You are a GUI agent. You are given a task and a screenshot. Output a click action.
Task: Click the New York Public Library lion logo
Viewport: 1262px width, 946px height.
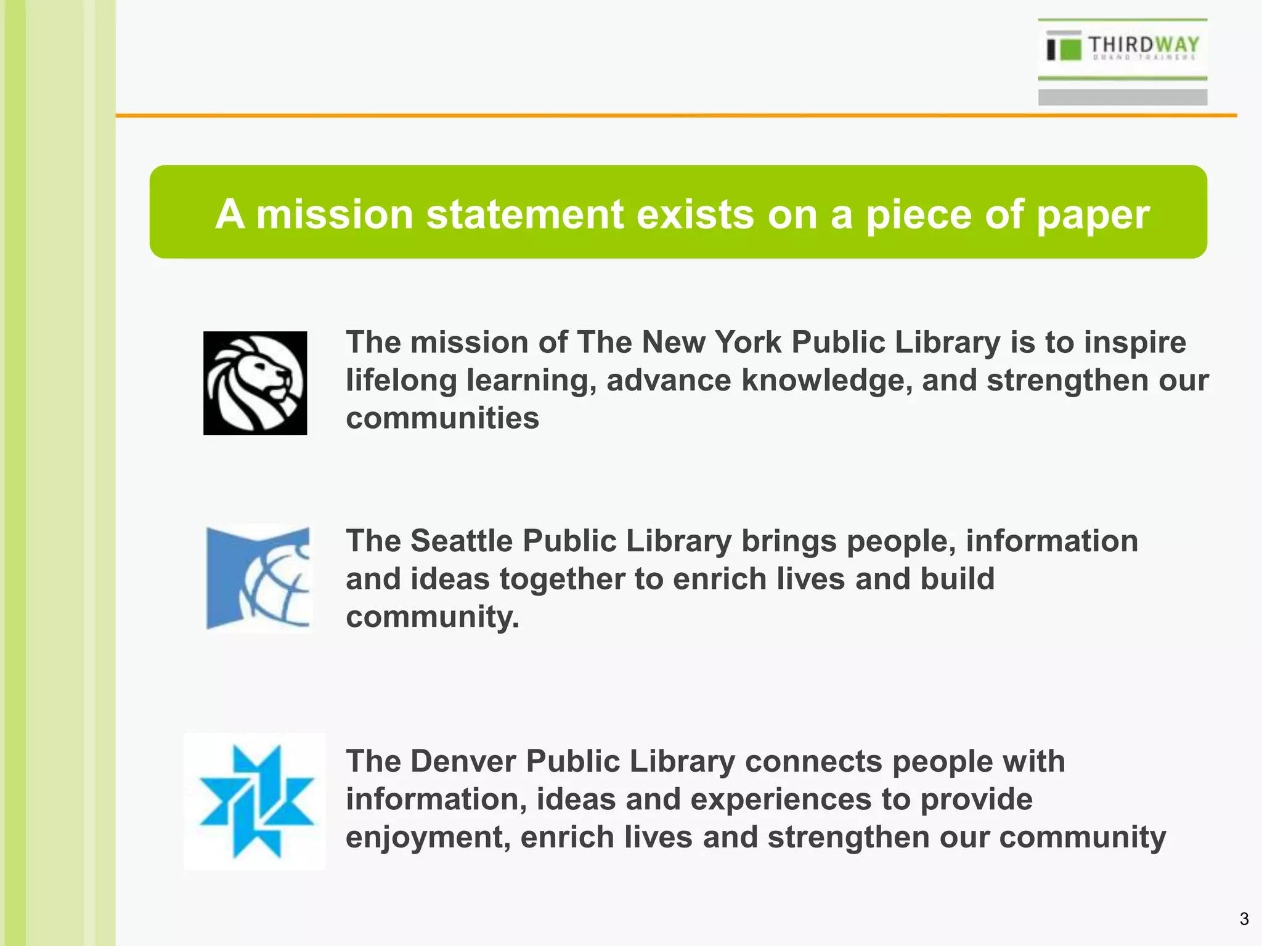pos(255,383)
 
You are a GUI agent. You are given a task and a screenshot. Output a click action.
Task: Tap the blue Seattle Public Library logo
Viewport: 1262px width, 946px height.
pos(258,578)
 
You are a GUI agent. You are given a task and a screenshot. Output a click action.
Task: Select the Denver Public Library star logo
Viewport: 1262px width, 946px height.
pos(256,801)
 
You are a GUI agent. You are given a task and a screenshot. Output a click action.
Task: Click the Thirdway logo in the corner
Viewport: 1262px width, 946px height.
pos(1122,48)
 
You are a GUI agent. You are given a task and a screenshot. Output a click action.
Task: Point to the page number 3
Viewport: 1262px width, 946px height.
pos(1244,920)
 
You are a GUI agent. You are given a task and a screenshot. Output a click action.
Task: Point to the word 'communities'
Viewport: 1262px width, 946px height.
pos(442,418)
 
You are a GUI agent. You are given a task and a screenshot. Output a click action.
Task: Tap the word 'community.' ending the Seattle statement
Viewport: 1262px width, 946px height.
pos(433,617)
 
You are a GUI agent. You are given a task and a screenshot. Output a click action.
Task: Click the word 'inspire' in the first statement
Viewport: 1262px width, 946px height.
pos(1135,342)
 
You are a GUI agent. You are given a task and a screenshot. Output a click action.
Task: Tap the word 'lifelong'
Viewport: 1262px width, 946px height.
pos(401,380)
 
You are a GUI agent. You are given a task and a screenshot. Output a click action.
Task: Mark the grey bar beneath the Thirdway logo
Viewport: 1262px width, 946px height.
pos(1122,97)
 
